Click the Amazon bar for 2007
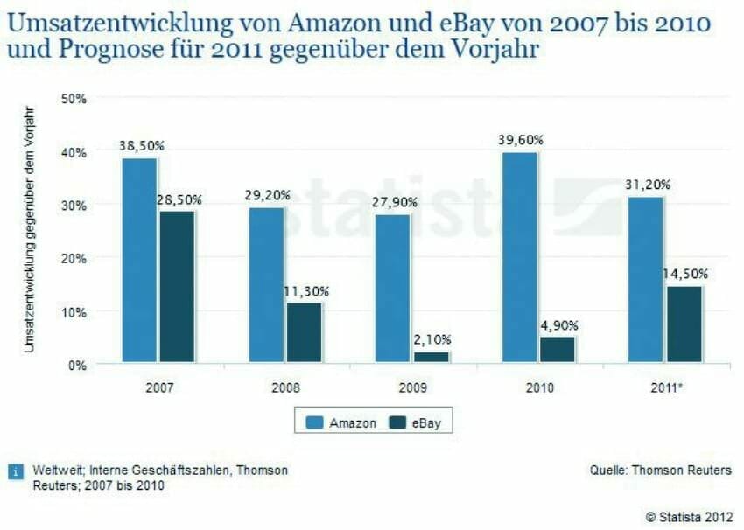click(x=139, y=260)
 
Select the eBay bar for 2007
click(x=178, y=286)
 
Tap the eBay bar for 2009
click(x=430, y=357)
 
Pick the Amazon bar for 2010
click(x=519, y=257)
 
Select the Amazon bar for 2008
click(x=266, y=284)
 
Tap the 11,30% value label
click(x=305, y=291)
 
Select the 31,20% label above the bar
click(x=647, y=185)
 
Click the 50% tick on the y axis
click(x=74, y=99)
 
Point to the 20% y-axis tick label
click(x=74, y=258)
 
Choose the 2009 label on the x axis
click(x=411, y=387)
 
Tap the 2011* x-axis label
click(x=664, y=387)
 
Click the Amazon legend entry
click(x=342, y=422)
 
